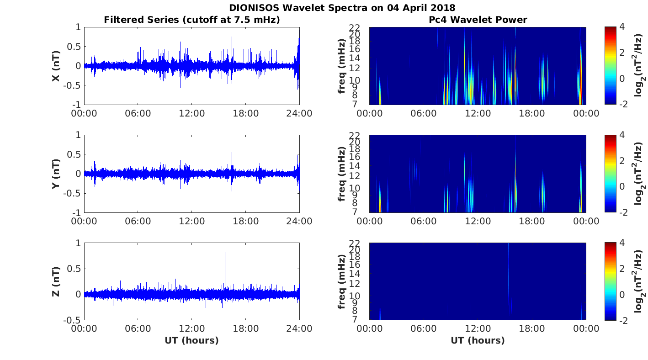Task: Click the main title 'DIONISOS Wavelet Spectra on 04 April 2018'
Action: (342, 8)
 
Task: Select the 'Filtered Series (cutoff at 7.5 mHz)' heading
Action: (192, 20)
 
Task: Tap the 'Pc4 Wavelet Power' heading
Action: (478, 20)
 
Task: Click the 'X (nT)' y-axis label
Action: (56, 66)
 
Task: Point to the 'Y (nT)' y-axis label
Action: (56, 174)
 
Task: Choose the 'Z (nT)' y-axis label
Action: (56, 281)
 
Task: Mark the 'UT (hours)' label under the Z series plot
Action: (191, 340)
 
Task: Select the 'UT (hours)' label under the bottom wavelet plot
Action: (478, 340)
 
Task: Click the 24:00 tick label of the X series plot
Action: (299, 113)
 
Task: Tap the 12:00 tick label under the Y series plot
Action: (191, 221)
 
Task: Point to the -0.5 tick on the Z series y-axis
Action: (72, 320)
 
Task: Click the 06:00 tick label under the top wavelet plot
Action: (424, 113)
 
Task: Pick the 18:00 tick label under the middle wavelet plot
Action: (532, 221)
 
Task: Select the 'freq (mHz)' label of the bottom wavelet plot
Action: (341, 281)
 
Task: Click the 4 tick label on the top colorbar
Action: (622, 27)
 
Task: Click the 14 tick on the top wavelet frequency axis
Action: (355, 58)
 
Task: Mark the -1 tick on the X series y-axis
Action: (76, 104)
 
